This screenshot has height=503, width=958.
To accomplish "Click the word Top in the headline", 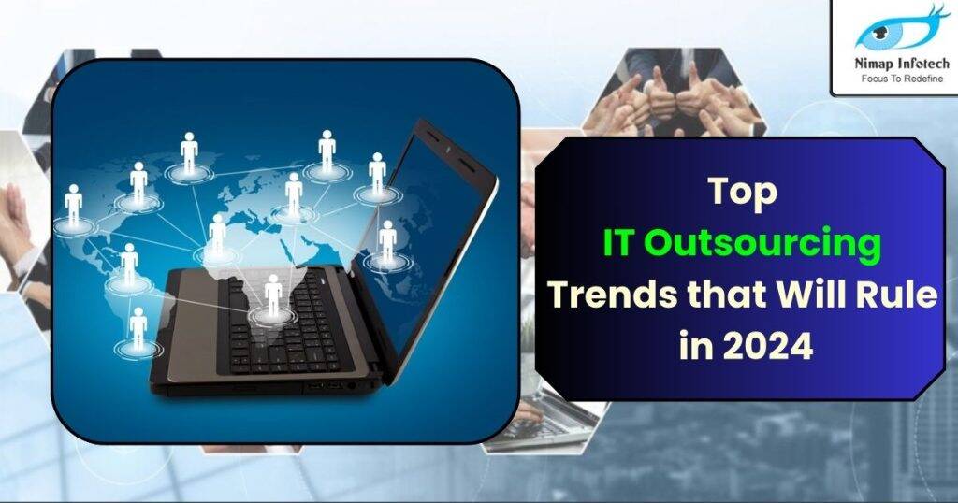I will tap(742, 192).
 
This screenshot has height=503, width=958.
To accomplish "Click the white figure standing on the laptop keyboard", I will tap(272, 295).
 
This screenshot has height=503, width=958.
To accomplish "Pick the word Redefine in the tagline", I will tap(926, 79).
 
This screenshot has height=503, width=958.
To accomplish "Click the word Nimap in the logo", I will tap(868, 65).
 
